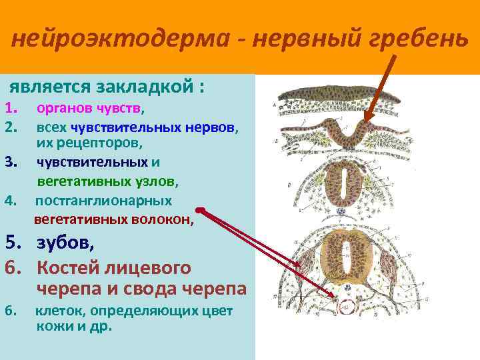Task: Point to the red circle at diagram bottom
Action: [x=345, y=307]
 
